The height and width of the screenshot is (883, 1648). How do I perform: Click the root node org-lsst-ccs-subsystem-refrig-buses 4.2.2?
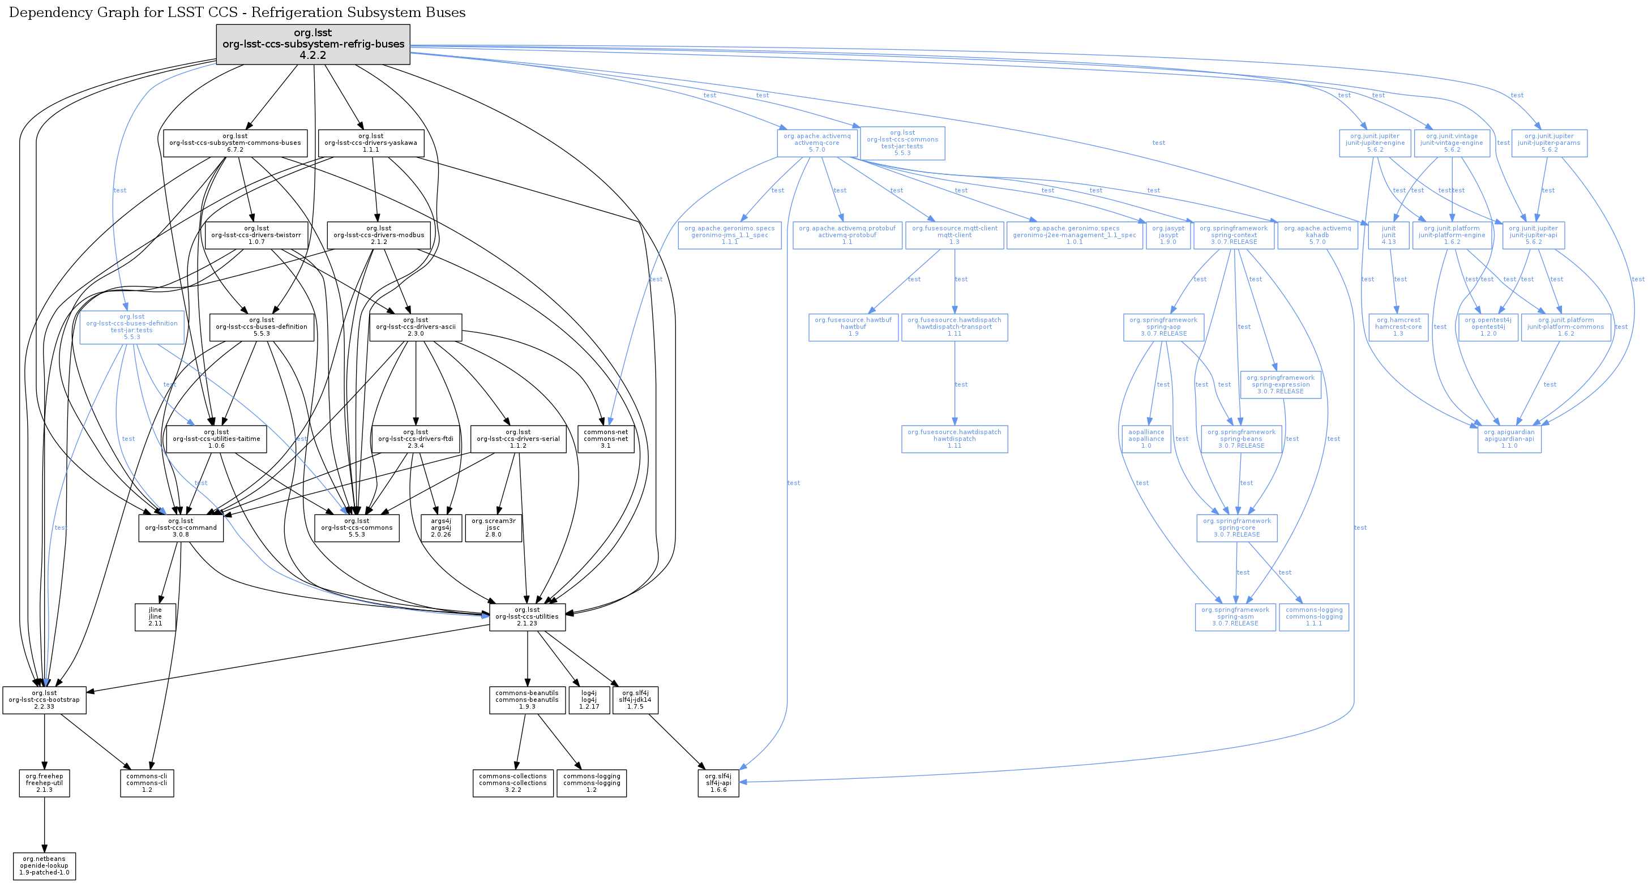(313, 44)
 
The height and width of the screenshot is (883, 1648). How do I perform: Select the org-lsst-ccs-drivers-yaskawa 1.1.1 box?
(370, 143)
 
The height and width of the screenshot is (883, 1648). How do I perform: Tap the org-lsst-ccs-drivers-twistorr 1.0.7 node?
(256, 235)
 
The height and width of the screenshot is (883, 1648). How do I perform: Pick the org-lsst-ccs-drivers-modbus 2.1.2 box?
(379, 235)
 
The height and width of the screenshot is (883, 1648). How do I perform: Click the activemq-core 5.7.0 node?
(817, 143)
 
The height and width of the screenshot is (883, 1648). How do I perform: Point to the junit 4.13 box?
(1388, 235)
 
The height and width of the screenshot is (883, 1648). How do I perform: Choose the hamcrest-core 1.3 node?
(1398, 327)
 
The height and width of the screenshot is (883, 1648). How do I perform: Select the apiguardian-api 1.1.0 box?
(1509, 439)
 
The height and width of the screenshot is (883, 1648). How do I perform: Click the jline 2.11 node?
(155, 617)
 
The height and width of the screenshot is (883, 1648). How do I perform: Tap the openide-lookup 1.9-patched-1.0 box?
(44, 865)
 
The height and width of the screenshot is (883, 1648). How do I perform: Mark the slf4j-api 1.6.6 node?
(718, 783)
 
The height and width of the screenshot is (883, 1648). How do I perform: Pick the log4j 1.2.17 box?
(589, 700)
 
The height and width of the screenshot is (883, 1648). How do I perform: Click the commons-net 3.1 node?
(605, 439)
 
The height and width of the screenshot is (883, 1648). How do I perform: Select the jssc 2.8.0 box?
(493, 528)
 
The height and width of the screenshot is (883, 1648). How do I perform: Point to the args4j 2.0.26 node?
(441, 528)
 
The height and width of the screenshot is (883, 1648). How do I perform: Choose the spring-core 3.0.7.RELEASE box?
(1236, 528)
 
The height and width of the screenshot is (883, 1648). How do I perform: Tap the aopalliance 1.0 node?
(1146, 439)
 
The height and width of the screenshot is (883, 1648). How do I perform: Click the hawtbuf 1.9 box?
(853, 327)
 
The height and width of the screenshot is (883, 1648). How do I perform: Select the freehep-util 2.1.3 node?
(44, 783)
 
